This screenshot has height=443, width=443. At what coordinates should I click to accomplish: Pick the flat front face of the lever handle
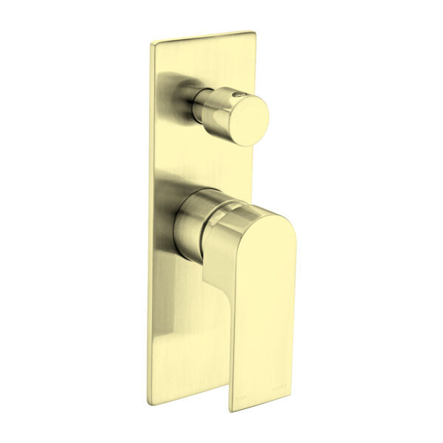click(258, 295)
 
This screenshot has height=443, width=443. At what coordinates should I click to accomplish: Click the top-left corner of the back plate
click(152, 44)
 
